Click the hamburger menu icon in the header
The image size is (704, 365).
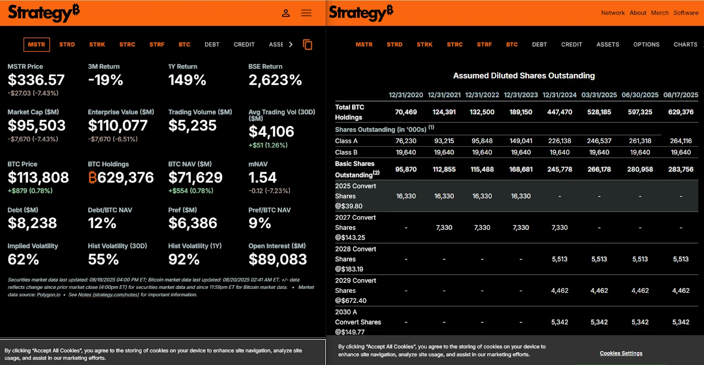tap(306, 13)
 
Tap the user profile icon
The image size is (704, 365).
tap(286, 13)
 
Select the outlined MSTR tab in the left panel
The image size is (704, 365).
tap(37, 44)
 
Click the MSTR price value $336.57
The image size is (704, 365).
tap(36, 80)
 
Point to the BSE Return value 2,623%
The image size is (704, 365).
tap(275, 80)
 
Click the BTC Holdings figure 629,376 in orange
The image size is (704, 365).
tap(121, 177)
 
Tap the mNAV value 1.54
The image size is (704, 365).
tap(263, 177)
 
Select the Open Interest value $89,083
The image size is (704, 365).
tap(277, 259)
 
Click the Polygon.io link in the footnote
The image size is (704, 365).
tap(48, 295)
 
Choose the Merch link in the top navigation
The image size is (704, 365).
tap(660, 13)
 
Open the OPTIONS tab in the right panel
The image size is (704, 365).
tap(646, 44)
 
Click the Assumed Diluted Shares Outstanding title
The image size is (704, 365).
tap(524, 76)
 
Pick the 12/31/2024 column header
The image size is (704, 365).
tap(559, 95)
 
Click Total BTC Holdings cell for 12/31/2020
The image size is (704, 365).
tap(406, 112)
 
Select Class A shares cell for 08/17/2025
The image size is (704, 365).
tap(681, 141)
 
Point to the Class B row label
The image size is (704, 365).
tap(346, 152)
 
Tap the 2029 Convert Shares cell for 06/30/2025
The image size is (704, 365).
tap(640, 291)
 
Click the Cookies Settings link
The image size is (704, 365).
tap(621, 353)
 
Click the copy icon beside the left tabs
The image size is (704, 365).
tap(308, 44)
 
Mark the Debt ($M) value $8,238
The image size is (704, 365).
tap(32, 223)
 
